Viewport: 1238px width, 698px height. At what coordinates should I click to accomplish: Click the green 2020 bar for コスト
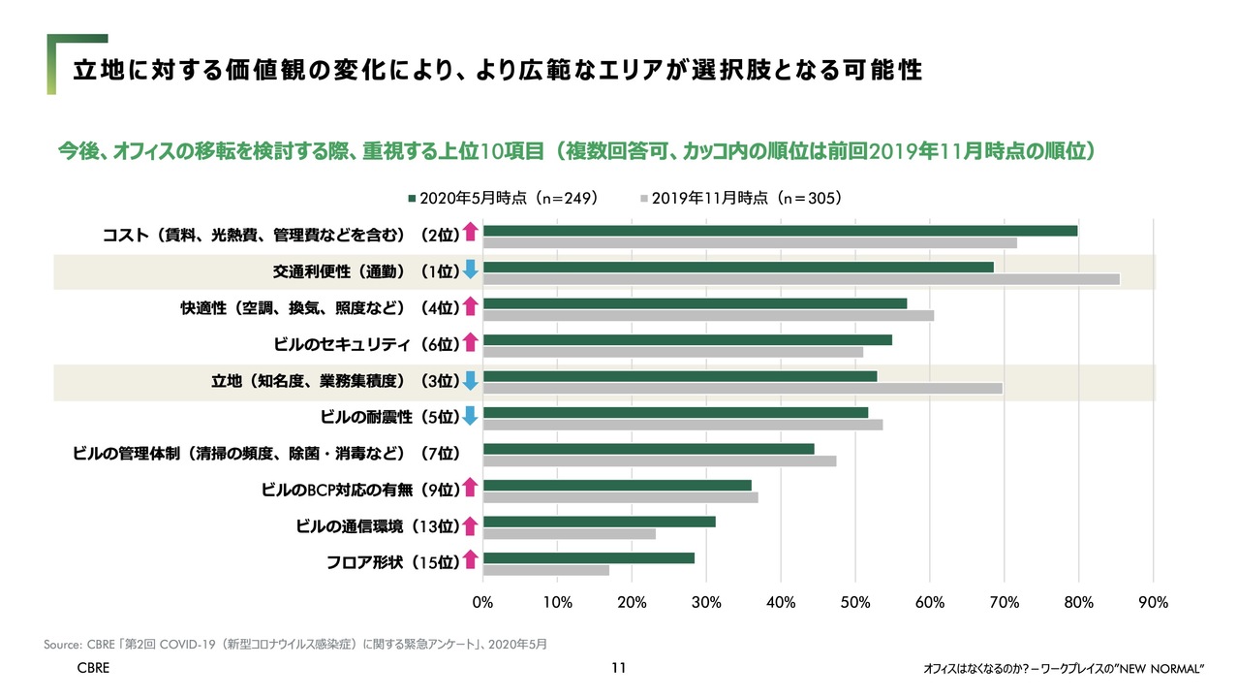(780, 230)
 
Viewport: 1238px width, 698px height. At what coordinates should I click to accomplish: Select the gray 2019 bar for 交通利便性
(800, 279)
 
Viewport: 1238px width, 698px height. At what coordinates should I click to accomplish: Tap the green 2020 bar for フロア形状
(588, 557)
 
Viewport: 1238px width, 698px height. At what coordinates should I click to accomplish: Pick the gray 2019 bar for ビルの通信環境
(569, 533)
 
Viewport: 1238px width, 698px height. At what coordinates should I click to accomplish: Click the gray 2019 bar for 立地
(742, 388)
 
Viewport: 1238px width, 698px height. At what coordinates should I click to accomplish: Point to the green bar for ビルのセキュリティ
(687, 339)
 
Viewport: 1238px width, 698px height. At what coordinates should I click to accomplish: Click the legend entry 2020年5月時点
(502, 197)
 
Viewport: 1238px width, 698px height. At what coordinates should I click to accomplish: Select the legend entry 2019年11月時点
(740, 197)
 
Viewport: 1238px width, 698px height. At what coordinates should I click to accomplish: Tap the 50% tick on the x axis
(855, 602)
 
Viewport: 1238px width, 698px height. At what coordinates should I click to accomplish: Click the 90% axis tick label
(1153, 602)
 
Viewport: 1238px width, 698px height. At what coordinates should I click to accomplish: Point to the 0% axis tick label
(482, 602)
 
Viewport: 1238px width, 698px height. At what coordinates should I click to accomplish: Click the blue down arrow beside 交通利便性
(470, 270)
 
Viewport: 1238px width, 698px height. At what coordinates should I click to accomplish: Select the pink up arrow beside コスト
(470, 233)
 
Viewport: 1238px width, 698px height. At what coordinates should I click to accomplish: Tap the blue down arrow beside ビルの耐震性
(470, 416)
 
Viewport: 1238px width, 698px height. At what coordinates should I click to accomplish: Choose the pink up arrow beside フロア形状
(470, 559)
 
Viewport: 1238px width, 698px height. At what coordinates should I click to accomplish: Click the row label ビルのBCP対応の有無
(358, 489)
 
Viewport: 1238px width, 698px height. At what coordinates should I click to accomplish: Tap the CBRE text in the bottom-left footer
(93, 669)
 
